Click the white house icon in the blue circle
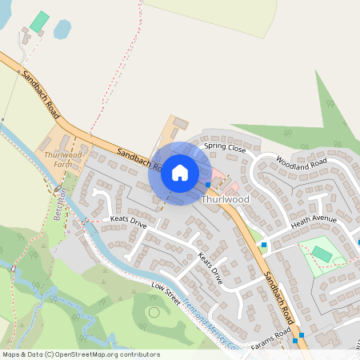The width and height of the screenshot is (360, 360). point(180,172)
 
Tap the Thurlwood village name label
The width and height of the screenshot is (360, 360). point(226,198)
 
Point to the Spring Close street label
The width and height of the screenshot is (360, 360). point(224,148)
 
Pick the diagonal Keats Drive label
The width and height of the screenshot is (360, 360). point(209,269)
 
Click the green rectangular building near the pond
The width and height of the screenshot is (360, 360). point(38,21)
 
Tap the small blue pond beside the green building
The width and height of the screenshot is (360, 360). point(62,30)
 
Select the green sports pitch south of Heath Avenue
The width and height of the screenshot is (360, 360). point(322,254)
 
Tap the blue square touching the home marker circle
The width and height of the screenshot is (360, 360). point(208,183)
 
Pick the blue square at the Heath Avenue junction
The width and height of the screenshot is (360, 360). point(263,244)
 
